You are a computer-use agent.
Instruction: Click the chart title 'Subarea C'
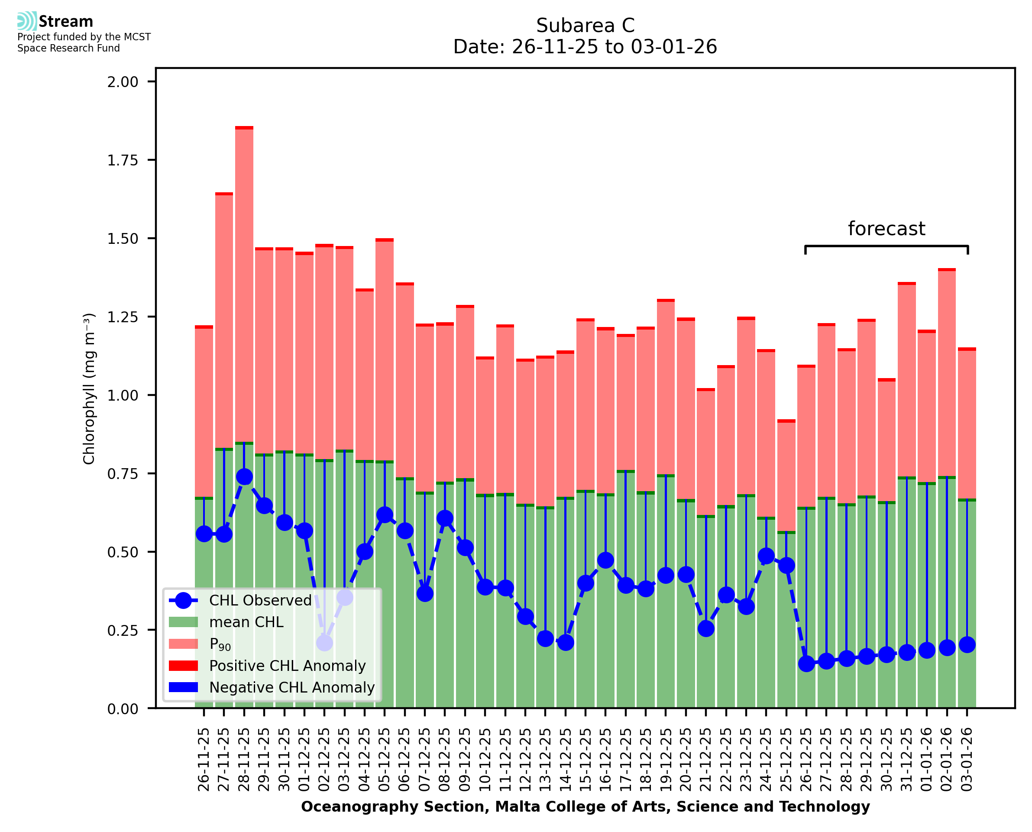(x=585, y=26)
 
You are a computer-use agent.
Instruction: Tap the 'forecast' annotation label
(x=886, y=229)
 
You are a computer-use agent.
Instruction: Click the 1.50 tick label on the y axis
(x=123, y=239)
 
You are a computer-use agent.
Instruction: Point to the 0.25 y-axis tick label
(x=123, y=631)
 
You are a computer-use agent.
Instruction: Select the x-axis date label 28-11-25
(x=244, y=759)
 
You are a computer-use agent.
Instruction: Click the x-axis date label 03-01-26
(x=967, y=759)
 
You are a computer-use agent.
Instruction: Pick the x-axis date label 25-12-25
(x=786, y=759)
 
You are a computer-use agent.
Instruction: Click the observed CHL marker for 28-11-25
(x=244, y=477)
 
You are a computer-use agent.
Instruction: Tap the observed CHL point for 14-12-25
(x=565, y=642)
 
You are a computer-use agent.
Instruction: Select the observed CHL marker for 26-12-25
(x=806, y=664)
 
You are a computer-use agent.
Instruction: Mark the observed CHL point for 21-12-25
(x=706, y=628)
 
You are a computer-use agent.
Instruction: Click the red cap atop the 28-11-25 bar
(x=244, y=128)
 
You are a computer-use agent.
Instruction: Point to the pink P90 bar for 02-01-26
(x=947, y=374)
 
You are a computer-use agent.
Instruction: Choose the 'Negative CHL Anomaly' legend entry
(x=292, y=687)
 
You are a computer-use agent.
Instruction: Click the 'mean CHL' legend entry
(x=246, y=622)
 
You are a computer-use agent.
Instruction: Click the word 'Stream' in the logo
(x=66, y=22)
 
